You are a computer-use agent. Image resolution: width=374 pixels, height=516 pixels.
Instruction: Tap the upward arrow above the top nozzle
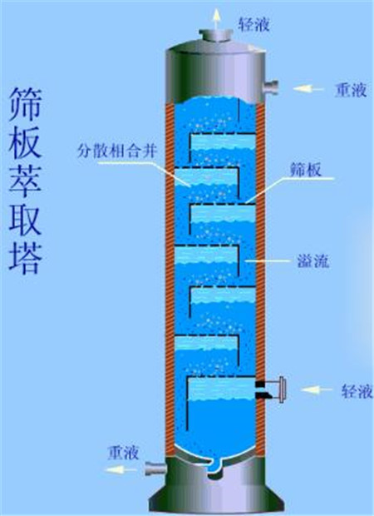pos(216,19)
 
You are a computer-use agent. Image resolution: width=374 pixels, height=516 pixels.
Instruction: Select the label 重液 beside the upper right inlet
pos(351,90)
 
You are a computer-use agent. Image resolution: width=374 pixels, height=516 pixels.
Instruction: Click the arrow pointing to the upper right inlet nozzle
pos(308,88)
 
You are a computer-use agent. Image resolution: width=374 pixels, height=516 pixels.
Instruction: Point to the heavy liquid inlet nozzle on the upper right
pos(270,88)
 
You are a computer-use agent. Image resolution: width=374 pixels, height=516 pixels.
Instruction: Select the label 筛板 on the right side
pos(305,170)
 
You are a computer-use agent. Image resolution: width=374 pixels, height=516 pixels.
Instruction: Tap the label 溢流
pos(312,261)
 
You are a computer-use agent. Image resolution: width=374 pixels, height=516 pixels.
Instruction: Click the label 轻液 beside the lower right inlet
pos(357,391)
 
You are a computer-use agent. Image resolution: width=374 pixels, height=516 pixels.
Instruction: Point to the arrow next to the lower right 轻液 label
pos(317,390)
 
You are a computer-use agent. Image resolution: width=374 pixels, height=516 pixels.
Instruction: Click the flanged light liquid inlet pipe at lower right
pos(271,390)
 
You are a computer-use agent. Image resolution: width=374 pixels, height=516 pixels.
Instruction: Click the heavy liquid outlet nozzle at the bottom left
pos(155,469)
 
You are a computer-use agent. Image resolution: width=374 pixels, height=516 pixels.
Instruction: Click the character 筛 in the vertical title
pos(25,105)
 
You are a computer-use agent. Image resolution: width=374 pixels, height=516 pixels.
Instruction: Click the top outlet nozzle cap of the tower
pos(216,36)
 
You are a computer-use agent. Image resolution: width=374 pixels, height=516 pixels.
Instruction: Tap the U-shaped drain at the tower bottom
pos(215,466)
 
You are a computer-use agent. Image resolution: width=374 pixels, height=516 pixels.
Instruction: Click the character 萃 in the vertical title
pos(25,181)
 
